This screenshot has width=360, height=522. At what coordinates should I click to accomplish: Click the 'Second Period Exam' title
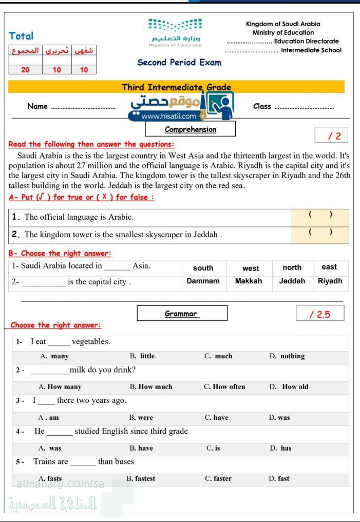pos(179,63)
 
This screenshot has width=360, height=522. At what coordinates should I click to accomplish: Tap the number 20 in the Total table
pos(25,70)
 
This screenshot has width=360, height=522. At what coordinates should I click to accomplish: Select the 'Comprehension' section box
pos(191,129)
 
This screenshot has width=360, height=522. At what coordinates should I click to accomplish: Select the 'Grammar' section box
pos(182,313)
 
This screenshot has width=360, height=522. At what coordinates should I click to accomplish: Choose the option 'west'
pos(251,268)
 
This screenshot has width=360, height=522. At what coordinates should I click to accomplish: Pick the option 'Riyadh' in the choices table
pos(330,281)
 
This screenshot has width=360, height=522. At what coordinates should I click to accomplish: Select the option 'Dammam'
pos(203,281)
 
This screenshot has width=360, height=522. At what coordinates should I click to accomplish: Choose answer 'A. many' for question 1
pos(54,356)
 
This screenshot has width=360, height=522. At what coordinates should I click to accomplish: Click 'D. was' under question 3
pos(279,418)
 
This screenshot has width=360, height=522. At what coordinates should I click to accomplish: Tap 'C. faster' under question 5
pos(218,479)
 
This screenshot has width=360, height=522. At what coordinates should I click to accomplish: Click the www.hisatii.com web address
pos(168,117)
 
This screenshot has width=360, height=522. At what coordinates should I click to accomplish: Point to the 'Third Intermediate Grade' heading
pos(176,87)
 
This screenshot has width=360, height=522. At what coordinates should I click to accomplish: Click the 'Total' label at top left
pos(21,36)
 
